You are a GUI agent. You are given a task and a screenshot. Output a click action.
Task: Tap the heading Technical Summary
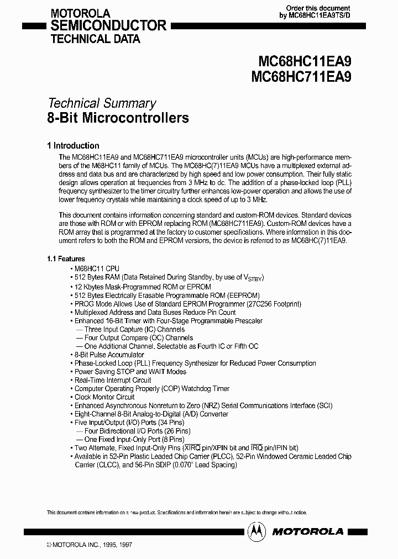pyautogui.click(x=102, y=103)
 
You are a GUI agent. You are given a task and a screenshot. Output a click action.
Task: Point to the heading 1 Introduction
pyautogui.click(x=73, y=146)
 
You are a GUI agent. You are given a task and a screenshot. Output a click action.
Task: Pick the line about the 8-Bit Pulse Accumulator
pyautogui.click(x=109, y=355)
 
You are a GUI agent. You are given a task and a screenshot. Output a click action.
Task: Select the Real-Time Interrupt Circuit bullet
pyautogui.click(x=113, y=380)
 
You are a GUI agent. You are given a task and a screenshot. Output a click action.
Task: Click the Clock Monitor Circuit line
pyautogui.click(x=104, y=397)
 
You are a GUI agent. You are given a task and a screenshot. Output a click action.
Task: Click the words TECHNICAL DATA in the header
pyautogui.click(x=95, y=39)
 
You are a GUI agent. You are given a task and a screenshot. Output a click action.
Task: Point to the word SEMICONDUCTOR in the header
pyautogui.click(x=108, y=25)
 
